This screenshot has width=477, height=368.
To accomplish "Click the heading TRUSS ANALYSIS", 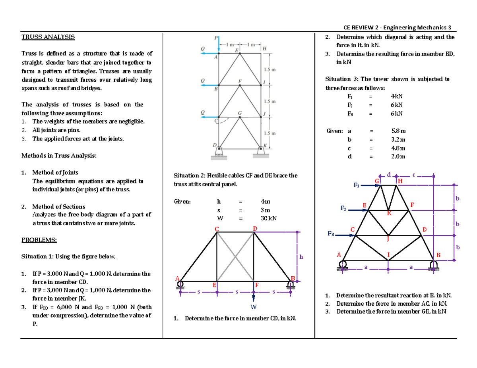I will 47,37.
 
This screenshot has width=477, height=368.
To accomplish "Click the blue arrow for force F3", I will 344,235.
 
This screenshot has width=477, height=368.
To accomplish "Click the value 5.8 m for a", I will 398,130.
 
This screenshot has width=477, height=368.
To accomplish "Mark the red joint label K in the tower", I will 390,214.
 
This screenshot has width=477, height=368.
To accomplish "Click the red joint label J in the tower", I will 388,239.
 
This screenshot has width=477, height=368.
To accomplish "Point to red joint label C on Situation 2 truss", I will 217,229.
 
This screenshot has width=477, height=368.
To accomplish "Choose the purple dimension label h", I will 301,257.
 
